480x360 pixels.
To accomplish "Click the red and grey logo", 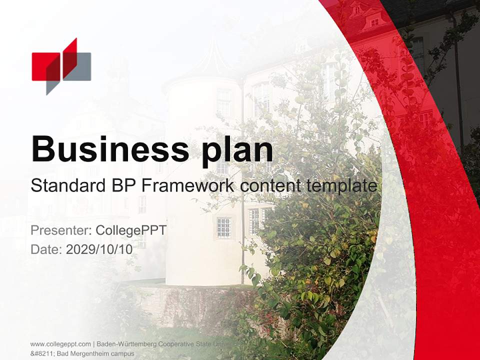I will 61,66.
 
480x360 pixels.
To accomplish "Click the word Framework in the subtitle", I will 188,186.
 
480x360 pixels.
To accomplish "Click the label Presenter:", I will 60,230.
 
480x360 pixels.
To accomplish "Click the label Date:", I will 46,249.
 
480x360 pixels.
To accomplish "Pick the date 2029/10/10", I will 99,249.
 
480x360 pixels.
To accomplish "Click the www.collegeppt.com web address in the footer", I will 60,344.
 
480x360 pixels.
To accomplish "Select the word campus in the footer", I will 124,353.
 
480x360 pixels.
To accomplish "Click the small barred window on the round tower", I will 223,227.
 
